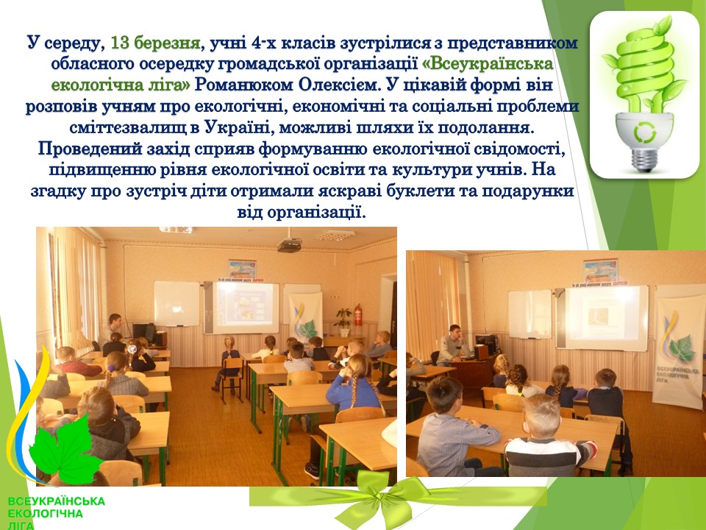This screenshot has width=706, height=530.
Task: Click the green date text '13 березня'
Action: (155, 43)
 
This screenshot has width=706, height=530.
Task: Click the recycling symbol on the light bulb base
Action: (645, 132)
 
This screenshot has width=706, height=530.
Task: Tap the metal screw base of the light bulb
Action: (644, 160)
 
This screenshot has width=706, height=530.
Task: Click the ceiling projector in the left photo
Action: (289, 244)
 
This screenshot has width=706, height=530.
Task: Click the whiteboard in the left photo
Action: (176, 303)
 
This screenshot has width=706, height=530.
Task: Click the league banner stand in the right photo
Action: (678, 353)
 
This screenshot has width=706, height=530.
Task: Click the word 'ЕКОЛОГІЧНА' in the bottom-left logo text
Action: (45, 513)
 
